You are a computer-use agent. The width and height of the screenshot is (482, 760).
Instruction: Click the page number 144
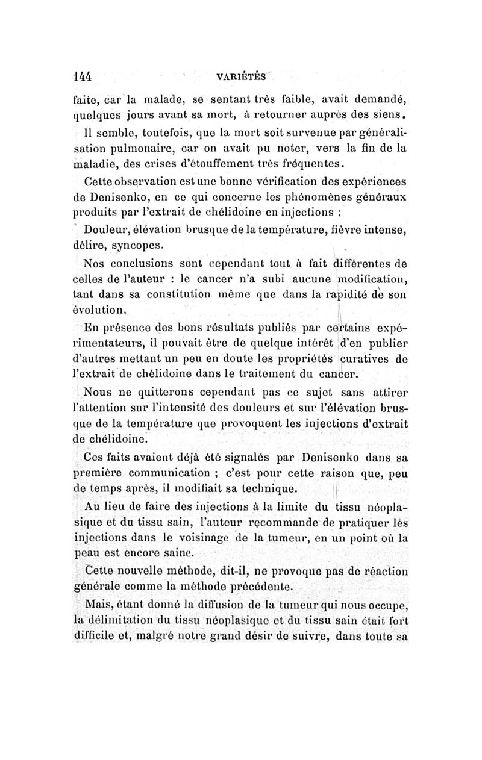[81, 76]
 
